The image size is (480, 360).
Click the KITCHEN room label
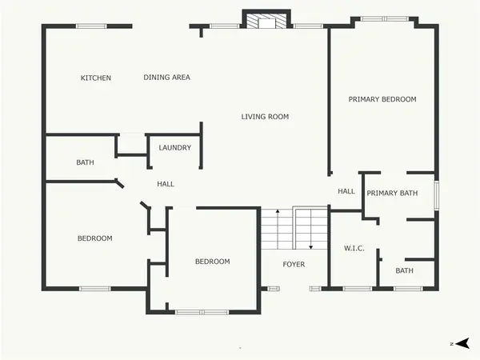[x=96, y=78]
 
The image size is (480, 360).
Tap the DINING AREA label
[x=167, y=78]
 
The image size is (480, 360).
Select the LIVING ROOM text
[x=265, y=117]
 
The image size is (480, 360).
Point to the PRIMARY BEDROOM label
[x=382, y=99]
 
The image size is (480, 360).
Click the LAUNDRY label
[x=174, y=147]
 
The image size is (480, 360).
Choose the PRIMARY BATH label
[x=392, y=193]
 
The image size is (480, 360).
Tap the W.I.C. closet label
[x=354, y=248]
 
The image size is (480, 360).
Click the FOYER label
[x=294, y=264]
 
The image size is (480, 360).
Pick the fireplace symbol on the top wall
[x=266, y=19]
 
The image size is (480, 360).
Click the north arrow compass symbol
[x=462, y=343]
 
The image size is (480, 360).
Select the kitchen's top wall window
[x=91, y=26]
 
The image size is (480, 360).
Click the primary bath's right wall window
[x=437, y=196]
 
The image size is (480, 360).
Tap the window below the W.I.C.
[x=358, y=289]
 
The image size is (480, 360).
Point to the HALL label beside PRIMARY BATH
[x=346, y=191]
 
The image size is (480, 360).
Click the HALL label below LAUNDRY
[x=166, y=184]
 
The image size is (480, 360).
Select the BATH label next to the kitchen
[x=85, y=162]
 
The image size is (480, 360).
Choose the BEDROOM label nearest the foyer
[x=213, y=262]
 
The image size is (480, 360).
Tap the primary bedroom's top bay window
[x=385, y=19]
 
